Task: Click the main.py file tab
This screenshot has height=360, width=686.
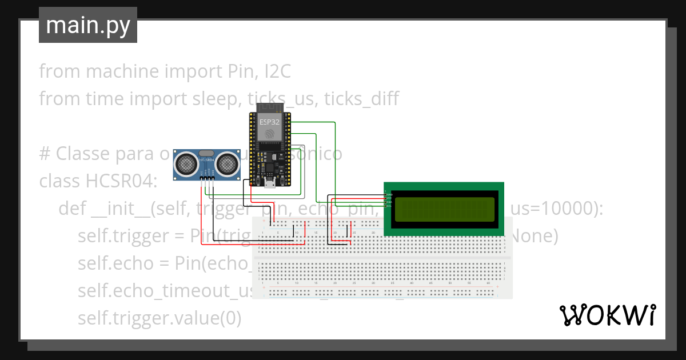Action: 87,25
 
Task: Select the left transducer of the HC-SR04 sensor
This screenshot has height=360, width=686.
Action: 186,163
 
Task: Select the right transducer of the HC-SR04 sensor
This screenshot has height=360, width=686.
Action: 228,163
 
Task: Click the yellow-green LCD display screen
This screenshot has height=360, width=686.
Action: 444,209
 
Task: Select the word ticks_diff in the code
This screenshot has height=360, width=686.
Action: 361,99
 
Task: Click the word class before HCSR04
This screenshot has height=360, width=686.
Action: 60,181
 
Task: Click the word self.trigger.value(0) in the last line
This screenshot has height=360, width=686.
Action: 159,318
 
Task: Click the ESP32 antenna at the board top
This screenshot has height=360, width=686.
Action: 270,108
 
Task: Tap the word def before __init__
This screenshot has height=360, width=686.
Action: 73,209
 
